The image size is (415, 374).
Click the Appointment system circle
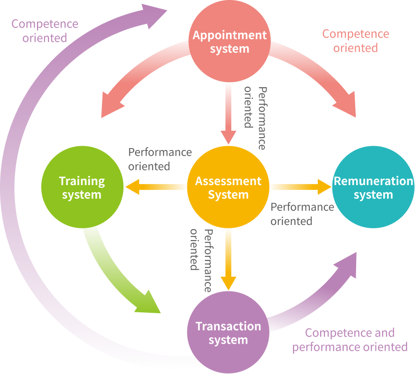pos(230,42)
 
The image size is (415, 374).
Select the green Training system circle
pos(82,187)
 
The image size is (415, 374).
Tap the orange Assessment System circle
pos(228,187)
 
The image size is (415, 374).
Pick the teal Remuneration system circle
pos(373,187)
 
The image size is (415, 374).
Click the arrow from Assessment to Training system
pos(157,187)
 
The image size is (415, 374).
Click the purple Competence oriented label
pos(45,30)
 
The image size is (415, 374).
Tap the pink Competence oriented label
pos(355,41)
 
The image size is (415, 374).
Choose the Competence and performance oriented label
pos(350,340)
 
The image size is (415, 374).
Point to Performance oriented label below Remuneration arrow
pos(302,214)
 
